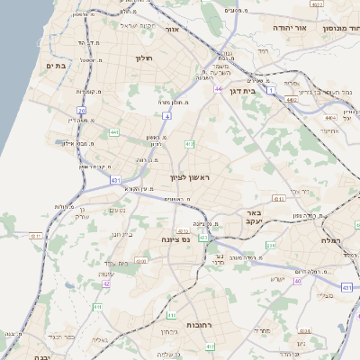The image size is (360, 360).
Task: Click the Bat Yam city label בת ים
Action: pyautogui.click(x=53, y=66)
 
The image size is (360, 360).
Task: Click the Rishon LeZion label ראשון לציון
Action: pyautogui.click(x=189, y=178)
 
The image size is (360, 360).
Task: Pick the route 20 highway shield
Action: pyautogui.click(x=82, y=111)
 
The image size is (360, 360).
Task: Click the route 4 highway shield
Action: pyautogui.click(x=166, y=116)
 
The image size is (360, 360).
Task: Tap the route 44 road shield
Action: pyautogui.click(x=219, y=89)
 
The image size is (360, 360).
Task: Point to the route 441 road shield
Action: pyautogui.click(x=114, y=132)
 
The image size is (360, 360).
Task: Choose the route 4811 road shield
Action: pyautogui.click(x=36, y=236)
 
